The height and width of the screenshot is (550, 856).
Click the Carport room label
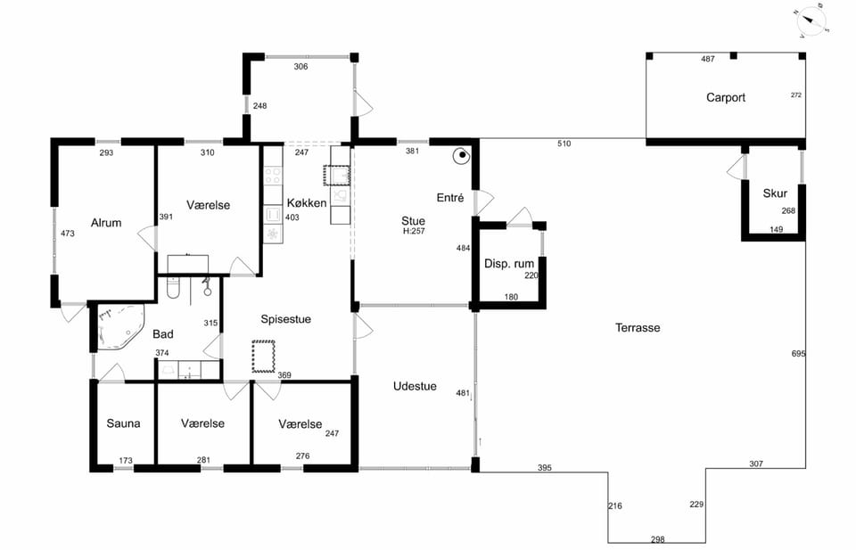tap(726, 98)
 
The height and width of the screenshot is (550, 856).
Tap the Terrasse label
tap(638, 328)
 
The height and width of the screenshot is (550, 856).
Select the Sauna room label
tap(123, 423)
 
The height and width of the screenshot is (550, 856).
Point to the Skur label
tap(775, 193)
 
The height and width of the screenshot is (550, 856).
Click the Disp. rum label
tap(509, 264)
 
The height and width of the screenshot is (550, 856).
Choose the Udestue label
tap(415, 386)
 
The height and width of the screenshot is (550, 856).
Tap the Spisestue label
tap(285, 319)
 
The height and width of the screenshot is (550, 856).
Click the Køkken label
tap(307, 203)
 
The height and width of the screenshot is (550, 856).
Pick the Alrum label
tap(106, 223)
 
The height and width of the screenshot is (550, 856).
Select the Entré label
tap(450, 198)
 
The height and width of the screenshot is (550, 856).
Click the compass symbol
tap(811, 21)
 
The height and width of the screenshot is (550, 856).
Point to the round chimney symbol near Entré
tap(462, 156)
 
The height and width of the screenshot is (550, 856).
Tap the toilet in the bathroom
tap(174, 288)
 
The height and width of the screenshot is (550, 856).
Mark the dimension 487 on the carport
tap(707, 59)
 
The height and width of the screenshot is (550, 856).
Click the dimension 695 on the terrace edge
tap(798, 354)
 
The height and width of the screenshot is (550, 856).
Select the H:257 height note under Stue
tap(414, 232)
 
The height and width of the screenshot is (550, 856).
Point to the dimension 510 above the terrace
tap(564, 144)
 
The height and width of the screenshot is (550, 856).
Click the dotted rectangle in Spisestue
tap(263, 357)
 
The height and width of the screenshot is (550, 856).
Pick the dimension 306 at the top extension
tap(300, 67)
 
